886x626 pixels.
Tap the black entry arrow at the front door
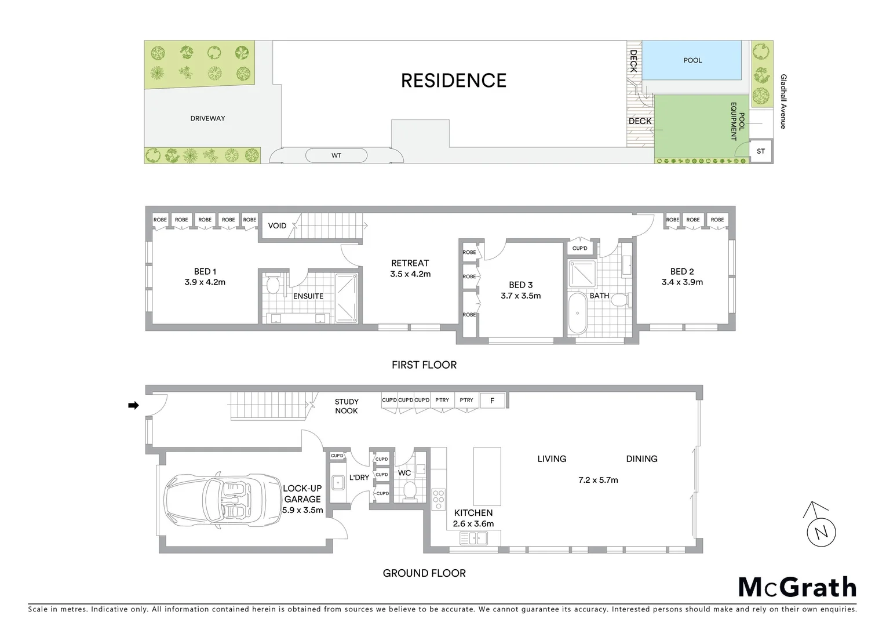pyautogui.click(x=133, y=406)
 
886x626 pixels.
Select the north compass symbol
pyautogui.click(x=819, y=525)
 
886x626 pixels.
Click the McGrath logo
pyautogui.click(x=797, y=587)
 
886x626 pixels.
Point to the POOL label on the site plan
pyautogui.click(x=692, y=60)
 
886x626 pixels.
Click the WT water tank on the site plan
pyautogui.click(x=336, y=155)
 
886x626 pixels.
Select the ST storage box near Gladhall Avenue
pyautogui.click(x=761, y=151)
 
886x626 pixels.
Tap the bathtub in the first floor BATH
pyautogui.click(x=577, y=313)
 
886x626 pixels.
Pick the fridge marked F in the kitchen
pyautogui.click(x=493, y=401)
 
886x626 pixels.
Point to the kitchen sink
pyautogui.click(x=473, y=539)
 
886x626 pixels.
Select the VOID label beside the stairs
pyautogui.click(x=277, y=225)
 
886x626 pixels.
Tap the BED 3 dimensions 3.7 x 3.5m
pyautogui.click(x=520, y=296)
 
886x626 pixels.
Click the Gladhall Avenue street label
pyautogui.click(x=783, y=101)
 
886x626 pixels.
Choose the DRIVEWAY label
pyautogui.click(x=207, y=118)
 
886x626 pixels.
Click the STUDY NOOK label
pyautogui.click(x=347, y=406)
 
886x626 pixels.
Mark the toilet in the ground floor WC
pyautogui.click(x=409, y=490)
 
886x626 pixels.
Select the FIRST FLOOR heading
pyautogui.click(x=424, y=365)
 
